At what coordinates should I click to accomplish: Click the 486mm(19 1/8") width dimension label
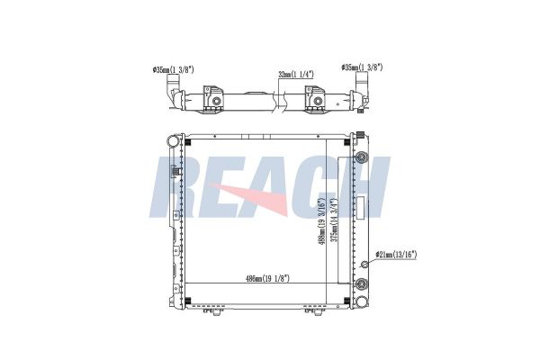267,278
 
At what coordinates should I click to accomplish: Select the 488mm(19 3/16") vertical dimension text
321,221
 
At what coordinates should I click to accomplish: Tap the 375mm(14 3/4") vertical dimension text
333,220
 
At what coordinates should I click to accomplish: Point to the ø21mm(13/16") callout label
396,255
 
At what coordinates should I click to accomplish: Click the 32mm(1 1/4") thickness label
296,74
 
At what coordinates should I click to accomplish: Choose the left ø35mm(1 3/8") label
174,70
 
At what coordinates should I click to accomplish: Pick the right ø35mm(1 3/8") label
362,67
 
